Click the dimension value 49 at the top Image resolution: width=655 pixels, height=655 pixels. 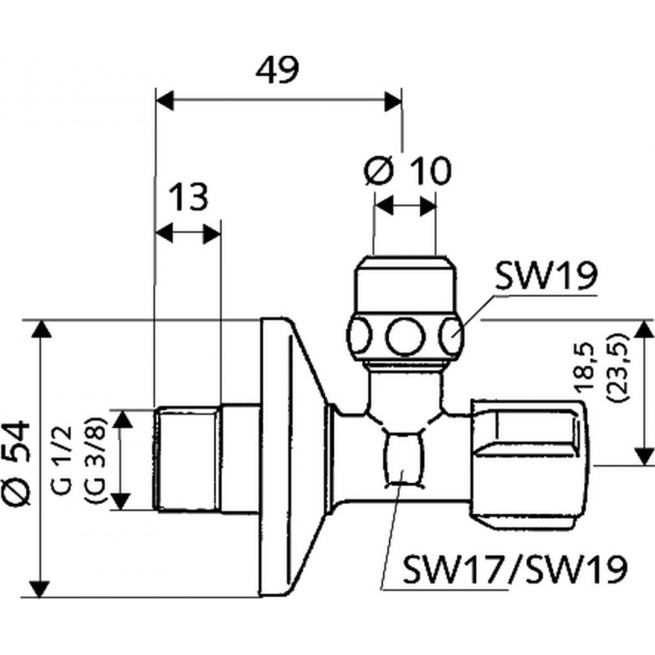point(278,70)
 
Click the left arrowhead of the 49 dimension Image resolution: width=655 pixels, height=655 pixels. point(165,101)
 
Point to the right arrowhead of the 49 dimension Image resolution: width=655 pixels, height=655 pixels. point(394,101)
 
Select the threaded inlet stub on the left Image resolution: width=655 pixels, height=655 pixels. point(187,458)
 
